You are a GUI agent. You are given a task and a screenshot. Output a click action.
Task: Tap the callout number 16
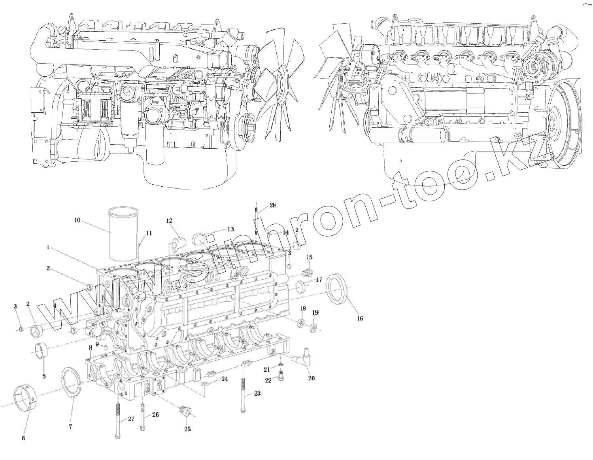(x=360, y=318)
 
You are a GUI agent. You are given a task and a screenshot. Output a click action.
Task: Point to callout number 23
(x=257, y=394)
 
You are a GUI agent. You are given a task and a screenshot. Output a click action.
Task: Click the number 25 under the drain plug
(x=187, y=429)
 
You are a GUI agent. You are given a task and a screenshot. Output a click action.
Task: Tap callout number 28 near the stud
(x=272, y=205)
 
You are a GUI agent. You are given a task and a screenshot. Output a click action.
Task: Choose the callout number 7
(x=70, y=427)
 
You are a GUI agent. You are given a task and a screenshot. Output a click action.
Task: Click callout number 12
(x=169, y=220)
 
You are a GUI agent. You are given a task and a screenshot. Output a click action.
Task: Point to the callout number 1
(x=48, y=248)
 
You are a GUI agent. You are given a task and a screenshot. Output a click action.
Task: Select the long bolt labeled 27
(x=118, y=419)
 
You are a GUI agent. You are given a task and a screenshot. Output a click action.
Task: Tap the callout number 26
(x=155, y=415)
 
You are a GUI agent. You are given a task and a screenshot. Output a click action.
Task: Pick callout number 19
(x=315, y=312)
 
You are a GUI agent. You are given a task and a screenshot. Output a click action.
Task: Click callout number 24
(x=225, y=379)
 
